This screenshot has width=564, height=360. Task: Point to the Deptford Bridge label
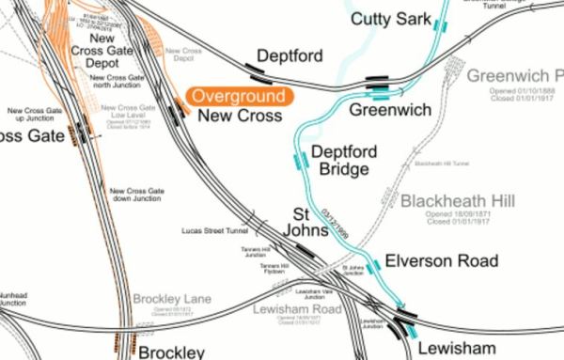click(x=344, y=159)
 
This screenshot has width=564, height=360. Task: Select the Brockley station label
click(x=171, y=352)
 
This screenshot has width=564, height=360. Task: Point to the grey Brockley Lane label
click(x=171, y=300)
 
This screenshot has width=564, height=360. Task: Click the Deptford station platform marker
click(x=256, y=67)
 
